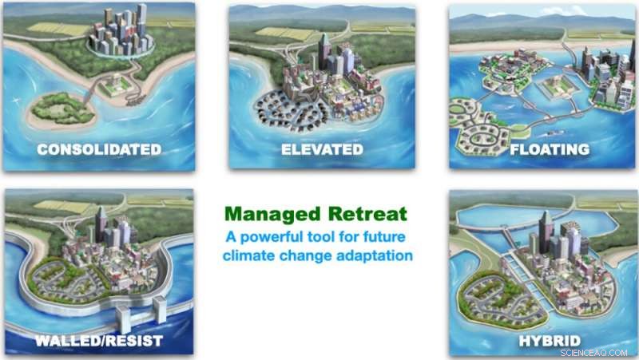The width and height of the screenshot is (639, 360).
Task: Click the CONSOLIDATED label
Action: coord(98,149)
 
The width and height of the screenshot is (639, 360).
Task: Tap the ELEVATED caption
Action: coord(322,149)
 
